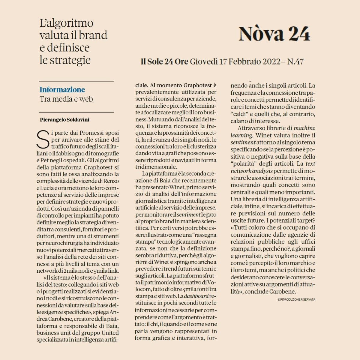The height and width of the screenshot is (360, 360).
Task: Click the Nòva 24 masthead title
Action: (x=274, y=34)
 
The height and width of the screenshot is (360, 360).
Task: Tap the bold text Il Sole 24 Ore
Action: (x=164, y=62)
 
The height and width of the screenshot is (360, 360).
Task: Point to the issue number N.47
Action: (x=295, y=62)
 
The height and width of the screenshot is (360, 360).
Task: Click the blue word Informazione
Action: (x=62, y=89)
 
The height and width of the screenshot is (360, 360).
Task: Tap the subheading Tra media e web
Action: (x=66, y=99)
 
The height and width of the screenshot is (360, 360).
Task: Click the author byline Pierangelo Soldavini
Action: (x=64, y=120)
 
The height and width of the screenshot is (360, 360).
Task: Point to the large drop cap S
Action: (x=43, y=139)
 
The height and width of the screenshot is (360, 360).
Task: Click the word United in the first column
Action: (x=110, y=333)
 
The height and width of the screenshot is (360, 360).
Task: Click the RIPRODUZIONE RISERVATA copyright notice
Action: (x=296, y=299)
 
